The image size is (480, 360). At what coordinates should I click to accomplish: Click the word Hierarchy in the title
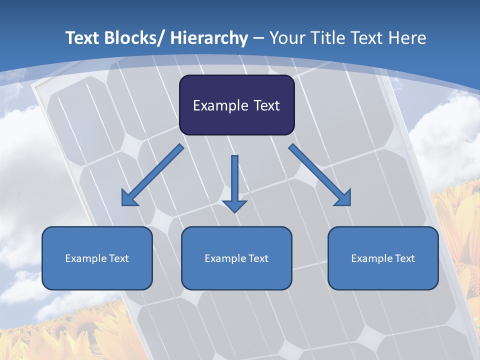(x=209, y=38)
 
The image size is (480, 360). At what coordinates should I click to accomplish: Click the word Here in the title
(x=406, y=38)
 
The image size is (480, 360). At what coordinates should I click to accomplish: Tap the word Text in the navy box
(x=265, y=105)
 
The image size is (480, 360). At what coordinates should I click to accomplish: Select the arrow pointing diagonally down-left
(x=152, y=175)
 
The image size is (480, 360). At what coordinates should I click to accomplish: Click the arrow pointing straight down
(x=234, y=182)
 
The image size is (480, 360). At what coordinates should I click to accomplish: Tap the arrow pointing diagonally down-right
(x=320, y=175)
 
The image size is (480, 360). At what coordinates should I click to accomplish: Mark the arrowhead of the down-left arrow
(x=129, y=198)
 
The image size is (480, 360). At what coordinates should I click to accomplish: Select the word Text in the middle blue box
(x=258, y=258)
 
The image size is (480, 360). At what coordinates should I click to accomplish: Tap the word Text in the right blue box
(x=404, y=258)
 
